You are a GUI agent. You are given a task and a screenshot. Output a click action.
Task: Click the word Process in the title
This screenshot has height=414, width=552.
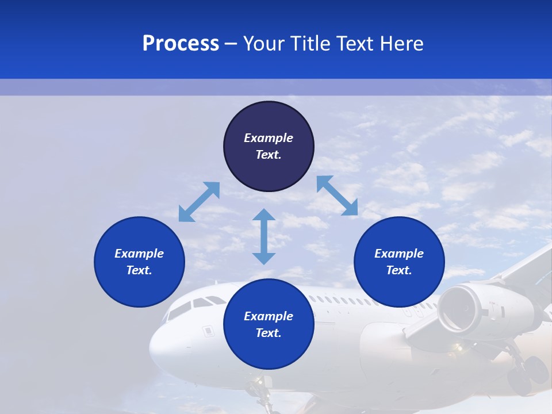pos(181,44)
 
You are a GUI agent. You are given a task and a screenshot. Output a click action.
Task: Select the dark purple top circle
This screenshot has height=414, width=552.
pos(269,147)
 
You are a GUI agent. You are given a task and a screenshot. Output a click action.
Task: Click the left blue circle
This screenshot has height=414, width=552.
pos(139,262)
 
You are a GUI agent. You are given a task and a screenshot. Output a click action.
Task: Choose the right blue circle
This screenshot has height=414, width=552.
pos(399,262)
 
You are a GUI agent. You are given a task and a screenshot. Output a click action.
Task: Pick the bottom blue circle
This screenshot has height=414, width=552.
pos(269,324)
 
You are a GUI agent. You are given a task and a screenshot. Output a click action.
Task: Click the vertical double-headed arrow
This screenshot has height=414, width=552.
pos(264,236)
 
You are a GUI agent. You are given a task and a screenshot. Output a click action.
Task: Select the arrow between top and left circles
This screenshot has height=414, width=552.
pos(199,202)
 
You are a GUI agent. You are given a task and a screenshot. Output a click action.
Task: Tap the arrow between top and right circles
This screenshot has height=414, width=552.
pos(337,195)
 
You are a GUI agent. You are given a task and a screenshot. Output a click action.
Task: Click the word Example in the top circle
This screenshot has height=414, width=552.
pos(269,138)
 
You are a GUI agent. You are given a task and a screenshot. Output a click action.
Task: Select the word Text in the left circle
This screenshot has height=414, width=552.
pos(139,270)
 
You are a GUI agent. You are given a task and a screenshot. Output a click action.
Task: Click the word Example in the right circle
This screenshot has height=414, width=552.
pos(399,254)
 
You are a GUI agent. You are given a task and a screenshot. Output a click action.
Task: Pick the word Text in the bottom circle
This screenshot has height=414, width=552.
pos(269,333)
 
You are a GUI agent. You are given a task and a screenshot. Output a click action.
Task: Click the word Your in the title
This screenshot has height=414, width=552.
pos(265,44)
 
